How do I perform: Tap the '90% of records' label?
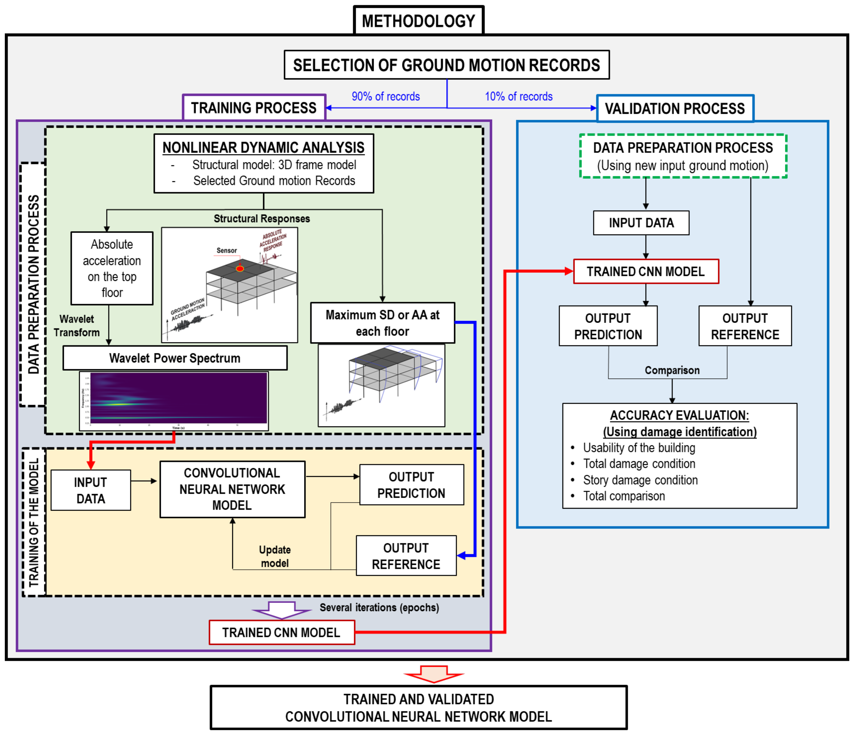(385, 97)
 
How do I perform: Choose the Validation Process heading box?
(675, 109)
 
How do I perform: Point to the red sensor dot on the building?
(240, 269)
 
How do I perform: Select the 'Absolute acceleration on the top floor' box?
(112, 268)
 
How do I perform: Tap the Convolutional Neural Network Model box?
(232, 489)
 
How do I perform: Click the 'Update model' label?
(275, 556)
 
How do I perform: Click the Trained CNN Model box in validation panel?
(646, 272)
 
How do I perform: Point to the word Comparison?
(672, 370)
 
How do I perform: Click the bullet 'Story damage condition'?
(640, 480)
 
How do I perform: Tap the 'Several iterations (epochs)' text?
(379, 607)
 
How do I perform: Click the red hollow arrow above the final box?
(434, 673)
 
